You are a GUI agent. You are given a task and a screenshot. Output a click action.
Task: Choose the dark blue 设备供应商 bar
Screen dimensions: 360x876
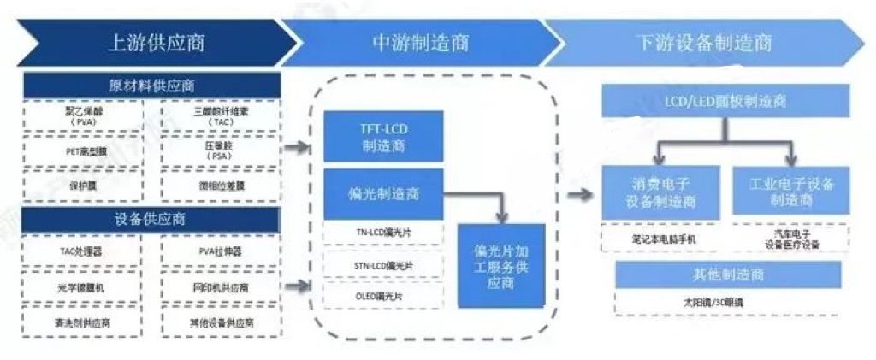click(x=152, y=219)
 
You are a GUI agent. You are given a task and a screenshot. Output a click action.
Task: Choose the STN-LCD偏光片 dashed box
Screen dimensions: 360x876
click(x=382, y=265)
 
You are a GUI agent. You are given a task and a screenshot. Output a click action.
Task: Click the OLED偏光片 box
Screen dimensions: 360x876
click(x=382, y=295)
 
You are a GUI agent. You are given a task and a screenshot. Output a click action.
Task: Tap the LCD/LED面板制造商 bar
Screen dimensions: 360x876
click(x=725, y=101)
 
